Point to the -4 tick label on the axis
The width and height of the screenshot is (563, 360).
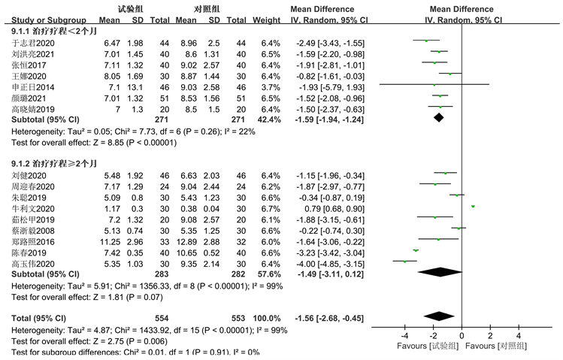point(404,334)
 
